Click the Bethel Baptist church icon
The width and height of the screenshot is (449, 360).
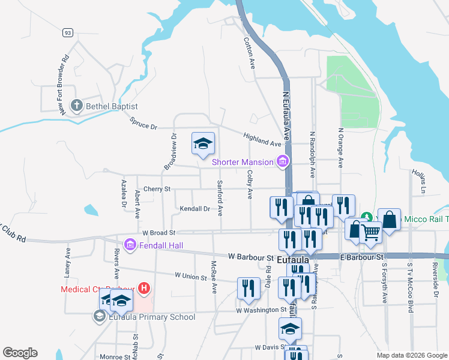(x=76, y=106)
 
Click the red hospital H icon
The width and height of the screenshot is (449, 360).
(x=143, y=289)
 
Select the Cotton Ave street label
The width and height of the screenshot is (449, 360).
(x=249, y=53)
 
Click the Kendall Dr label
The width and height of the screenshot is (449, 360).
(x=194, y=209)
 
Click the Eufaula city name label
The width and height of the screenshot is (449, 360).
(x=294, y=259)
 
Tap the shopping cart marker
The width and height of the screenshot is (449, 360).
(x=370, y=232)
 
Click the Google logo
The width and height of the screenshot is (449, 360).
(x=20, y=353)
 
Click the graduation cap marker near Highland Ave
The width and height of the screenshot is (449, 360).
(x=203, y=143)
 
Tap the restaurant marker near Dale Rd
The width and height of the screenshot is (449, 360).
(x=248, y=289)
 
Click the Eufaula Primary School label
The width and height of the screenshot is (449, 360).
(x=150, y=317)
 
